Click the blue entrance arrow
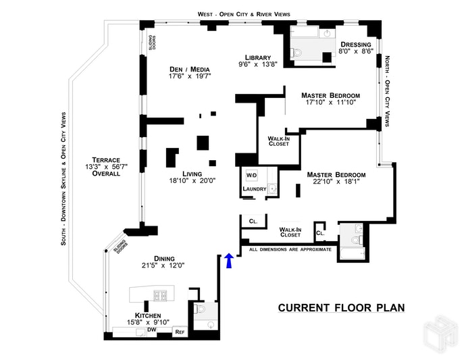pyautogui.click(x=228, y=261)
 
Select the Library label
pyautogui.click(x=258, y=57)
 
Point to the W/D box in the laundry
pyautogui.click(x=251, y=176)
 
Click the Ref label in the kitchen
pyautogui.click(x=180, y=332)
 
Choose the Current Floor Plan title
pyautogui.click(x=341, y=308)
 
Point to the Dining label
pyautogui.click(x=164, y=258)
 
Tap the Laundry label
pyautogui.click(x=254, y=188)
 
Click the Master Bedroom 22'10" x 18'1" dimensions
pyautogui.click(x=332, y=182)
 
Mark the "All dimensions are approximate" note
pyautogui.click(x=290, y=249)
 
